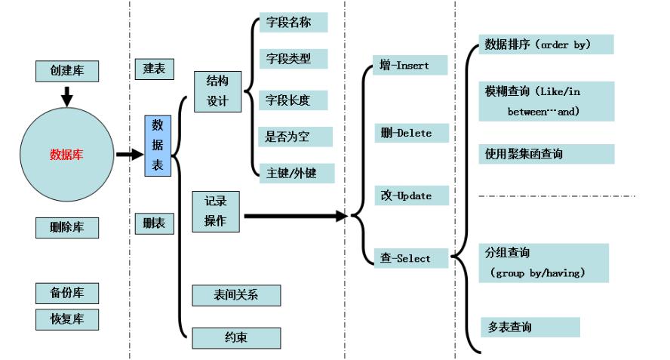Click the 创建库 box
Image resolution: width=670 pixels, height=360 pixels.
[68, 72]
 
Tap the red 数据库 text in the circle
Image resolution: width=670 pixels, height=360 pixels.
[66, 155]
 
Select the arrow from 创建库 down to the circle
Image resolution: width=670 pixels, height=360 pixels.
[66, 96]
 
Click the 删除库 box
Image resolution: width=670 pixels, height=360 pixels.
[68, 227]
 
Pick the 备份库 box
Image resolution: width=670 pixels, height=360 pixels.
[68, 292]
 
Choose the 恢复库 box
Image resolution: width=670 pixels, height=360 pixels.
[68, 318]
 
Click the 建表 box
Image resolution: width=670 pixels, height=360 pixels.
[154, 69]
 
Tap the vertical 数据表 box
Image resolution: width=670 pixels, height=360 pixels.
[157, 146]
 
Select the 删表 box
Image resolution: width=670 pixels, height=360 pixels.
[154, 223]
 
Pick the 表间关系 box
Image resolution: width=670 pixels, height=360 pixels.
[236, 295]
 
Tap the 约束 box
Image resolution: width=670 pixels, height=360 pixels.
[236, 337]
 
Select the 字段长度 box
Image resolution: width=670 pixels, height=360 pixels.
[291, 100]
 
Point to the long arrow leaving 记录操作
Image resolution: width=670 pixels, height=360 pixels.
[294, 217]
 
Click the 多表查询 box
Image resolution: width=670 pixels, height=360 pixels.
[529, 328]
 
